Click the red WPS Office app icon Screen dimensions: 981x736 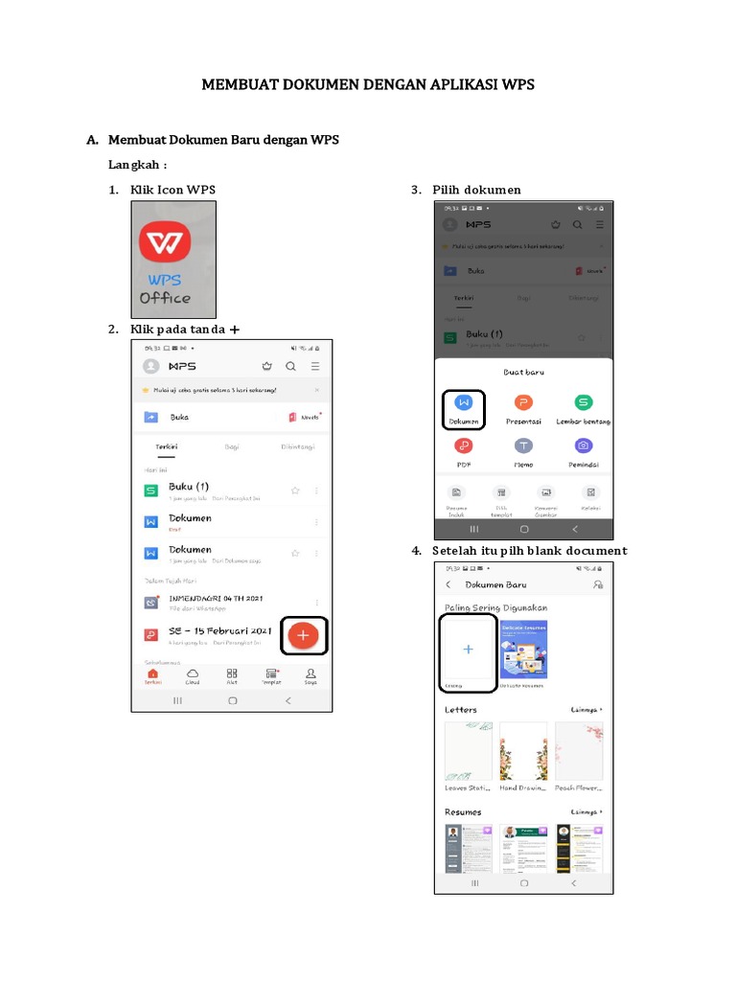165,244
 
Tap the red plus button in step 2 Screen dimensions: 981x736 303,635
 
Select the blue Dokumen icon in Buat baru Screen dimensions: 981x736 464,403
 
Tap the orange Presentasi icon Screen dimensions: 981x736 523,403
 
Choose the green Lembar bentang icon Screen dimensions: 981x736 583,403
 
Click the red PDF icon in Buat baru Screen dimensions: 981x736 464,445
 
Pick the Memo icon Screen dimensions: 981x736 523,445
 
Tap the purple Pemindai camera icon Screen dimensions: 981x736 583,445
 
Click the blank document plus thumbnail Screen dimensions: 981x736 468,650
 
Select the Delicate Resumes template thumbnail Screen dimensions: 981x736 523,650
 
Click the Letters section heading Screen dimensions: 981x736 461,710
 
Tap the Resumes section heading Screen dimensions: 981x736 463,812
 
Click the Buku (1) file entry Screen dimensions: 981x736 189,487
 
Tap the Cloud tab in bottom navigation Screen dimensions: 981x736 193,676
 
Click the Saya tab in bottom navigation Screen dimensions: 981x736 310,676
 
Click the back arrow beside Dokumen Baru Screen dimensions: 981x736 448,584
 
